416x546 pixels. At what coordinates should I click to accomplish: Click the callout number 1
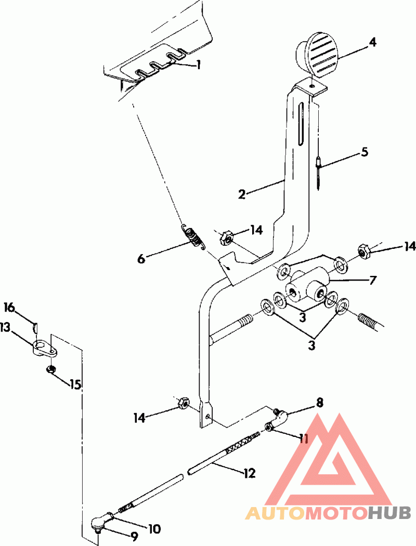tap(198, 65)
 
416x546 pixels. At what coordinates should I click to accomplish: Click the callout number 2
tap(242, 195)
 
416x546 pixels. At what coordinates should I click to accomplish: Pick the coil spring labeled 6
tap(193, 236)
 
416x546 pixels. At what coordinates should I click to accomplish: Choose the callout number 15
tap(75, 385)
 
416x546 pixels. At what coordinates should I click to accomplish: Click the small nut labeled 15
tap(51, 369)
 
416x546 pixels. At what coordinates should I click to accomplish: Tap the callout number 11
tap(303, 439)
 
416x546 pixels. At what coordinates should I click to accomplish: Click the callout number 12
tap(249, 473)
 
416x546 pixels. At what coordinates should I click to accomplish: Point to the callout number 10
tap(154, 529)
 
